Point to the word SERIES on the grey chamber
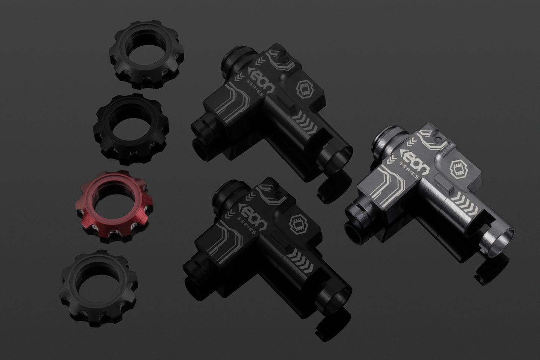click(409, 170)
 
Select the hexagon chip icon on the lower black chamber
click(297, 224)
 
